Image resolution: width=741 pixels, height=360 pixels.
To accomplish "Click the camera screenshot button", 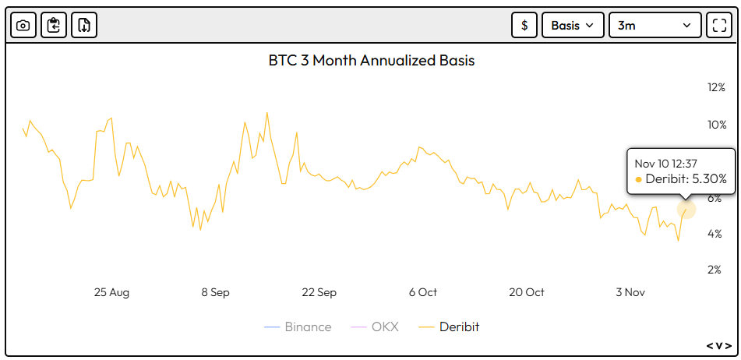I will click(x=23, y=25).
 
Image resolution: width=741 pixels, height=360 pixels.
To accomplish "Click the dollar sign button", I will click(x=524, y=25).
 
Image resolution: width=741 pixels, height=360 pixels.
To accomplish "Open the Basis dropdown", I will click(x=573, y=25).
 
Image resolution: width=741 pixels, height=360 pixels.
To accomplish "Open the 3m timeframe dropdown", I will click(x=654, y=25).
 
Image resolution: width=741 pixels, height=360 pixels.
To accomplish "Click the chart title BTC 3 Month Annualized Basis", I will click(x=372, y=60).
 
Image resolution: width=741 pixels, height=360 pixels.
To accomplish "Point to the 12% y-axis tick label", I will click(x=716, y=87).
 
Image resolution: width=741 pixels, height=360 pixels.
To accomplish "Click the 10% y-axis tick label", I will click(x=716, y=125).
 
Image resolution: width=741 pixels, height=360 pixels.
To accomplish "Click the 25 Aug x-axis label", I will click(x=111, y=292).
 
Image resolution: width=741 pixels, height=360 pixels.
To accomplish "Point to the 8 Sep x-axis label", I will click(x=215, y=292).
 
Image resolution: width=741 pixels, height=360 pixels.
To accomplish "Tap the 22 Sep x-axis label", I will click(x=319, y=292).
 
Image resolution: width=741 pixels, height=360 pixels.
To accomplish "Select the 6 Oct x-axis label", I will click(x=422, y=292).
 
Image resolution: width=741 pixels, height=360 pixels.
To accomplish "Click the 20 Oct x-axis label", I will click(x=527, y=292).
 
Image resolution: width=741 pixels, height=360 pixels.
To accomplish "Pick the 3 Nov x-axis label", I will click(x=630, y=292).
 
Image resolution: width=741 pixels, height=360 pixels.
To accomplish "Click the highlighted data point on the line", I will click(x=686, y=209).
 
